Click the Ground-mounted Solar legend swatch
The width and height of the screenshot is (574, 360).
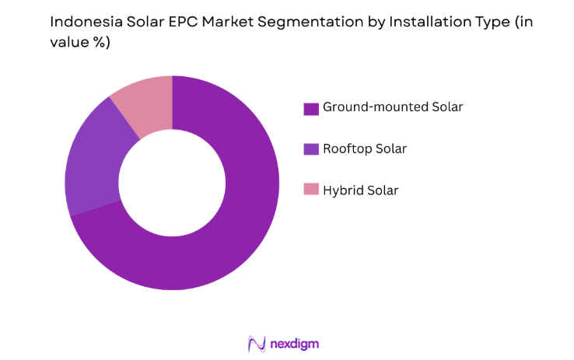point(311,108)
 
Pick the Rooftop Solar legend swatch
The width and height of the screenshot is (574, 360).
point(311,149)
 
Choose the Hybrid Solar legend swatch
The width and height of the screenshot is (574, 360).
point(311,190)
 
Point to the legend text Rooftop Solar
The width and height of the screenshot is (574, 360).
point(365,149)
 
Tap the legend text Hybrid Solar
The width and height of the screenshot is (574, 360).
point(361,190)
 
